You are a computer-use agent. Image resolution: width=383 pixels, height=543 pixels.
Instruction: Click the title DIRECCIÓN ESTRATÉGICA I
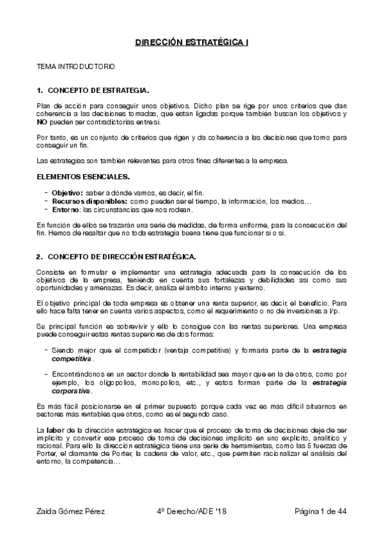pos(191,42)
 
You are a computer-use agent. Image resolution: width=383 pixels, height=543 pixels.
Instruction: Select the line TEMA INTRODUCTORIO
pos(75,66)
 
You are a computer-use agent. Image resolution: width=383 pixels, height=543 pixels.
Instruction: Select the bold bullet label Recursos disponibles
pos(84,201)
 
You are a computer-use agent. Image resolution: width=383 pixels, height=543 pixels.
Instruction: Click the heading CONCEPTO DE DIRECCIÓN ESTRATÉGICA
pos(121,257)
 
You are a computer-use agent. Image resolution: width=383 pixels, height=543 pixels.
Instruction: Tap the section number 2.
pos(40,257)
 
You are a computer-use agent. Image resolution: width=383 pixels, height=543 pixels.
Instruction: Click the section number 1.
pos(40,90)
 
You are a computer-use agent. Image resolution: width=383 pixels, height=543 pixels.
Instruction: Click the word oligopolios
pos(104,382)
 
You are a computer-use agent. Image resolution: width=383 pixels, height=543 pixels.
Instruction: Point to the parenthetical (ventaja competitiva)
pos(196,352)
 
